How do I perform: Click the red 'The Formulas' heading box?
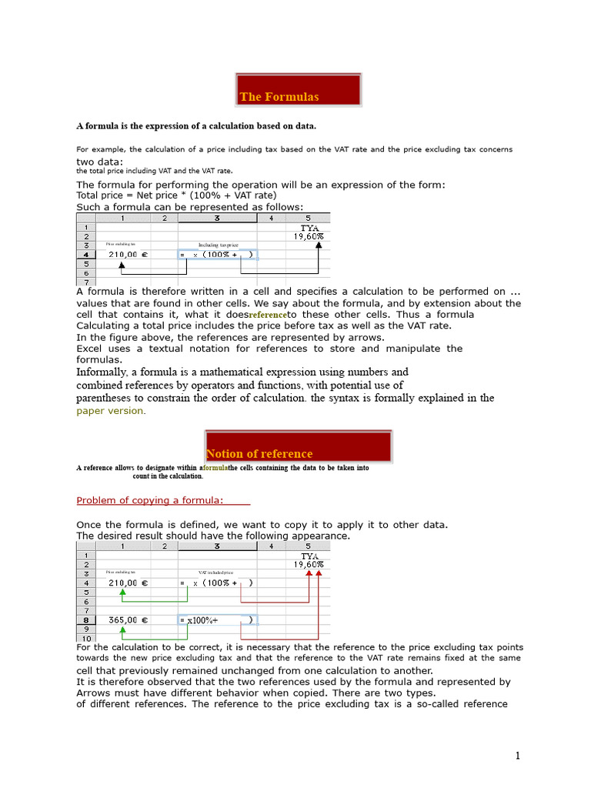(299, 90)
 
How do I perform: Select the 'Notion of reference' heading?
(299, 447)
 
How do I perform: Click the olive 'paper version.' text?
(110, 411)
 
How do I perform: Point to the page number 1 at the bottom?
(518, 756)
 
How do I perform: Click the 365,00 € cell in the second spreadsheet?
(128, 619)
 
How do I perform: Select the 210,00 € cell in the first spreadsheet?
(128, 254)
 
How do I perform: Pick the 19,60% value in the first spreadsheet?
(309, 236)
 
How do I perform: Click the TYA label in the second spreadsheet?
(309, 556)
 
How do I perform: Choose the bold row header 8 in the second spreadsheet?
(85, 619)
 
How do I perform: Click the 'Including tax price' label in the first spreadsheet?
(218, 245)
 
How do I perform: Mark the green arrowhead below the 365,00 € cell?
(122, 629)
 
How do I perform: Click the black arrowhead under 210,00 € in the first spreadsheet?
(122, 264)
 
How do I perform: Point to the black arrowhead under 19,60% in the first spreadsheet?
(319, 245)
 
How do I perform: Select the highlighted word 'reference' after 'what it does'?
(267, 316)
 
